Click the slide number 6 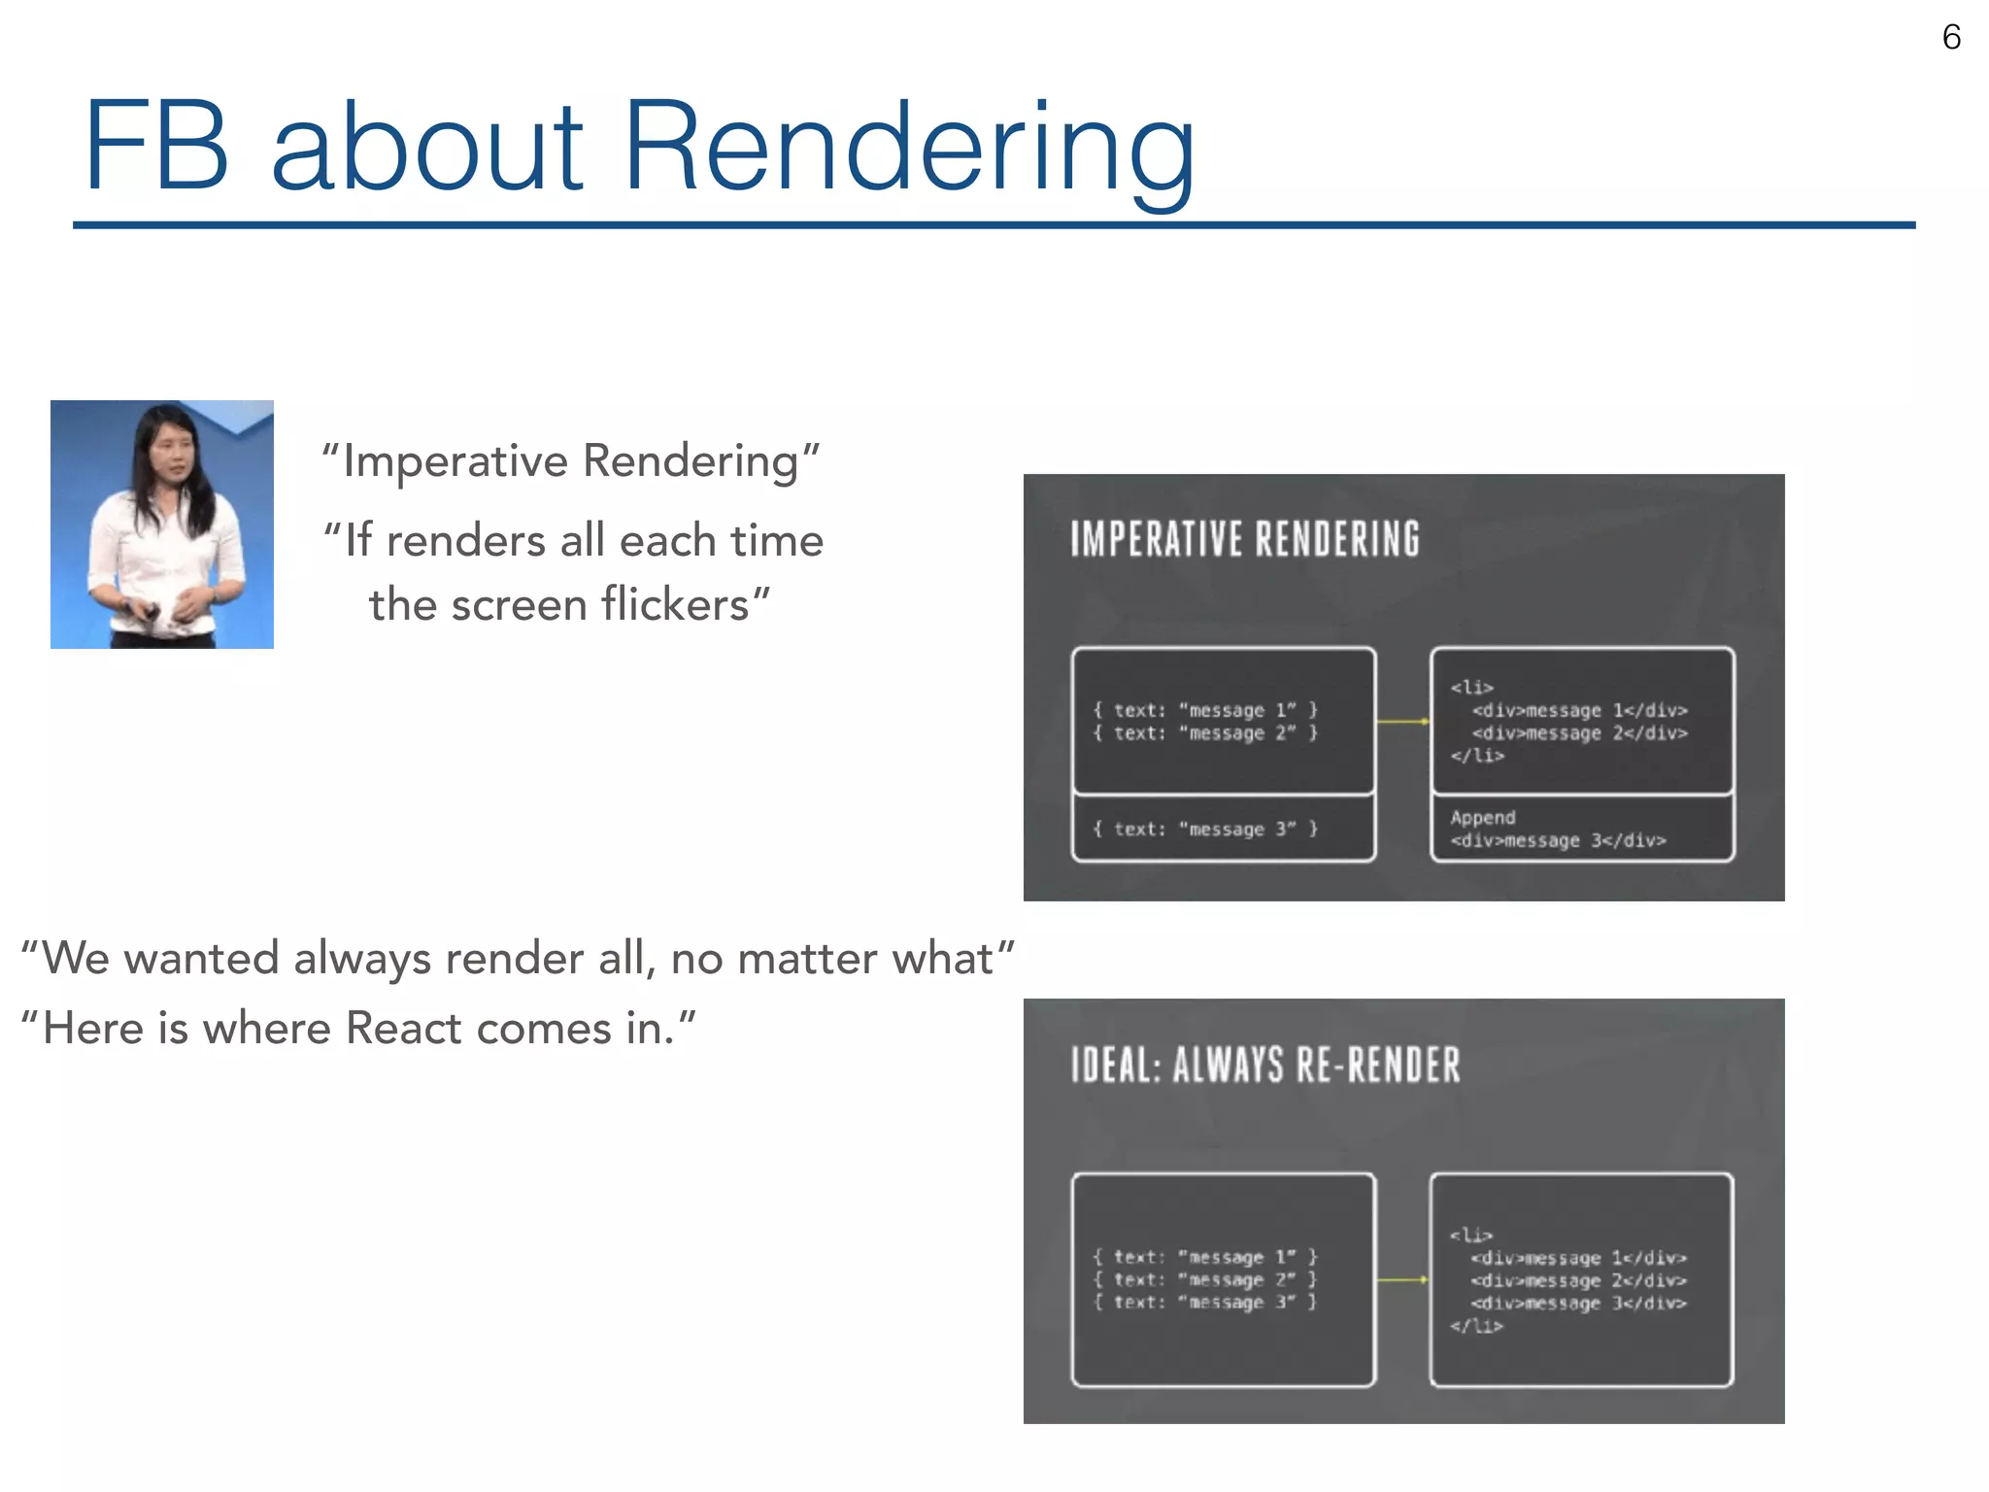click(x=1950, y=38)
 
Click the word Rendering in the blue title click(x=908, y=148)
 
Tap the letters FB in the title click(x=155, y=148)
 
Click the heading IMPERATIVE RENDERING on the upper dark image click(x=1244, y=540)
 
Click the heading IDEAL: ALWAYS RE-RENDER click(x=1264, y=1066)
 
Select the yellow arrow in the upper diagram click(x=1402, y=722)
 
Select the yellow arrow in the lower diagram click(x=1402, y=1279)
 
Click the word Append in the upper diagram click(x=1482, y=818)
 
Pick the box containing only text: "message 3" click(x=1223, y=829)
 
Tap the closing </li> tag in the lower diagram click(x=1476, y=1326)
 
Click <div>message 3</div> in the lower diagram click(x=1578, y=1304)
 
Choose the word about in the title click(x=427, y=148)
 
